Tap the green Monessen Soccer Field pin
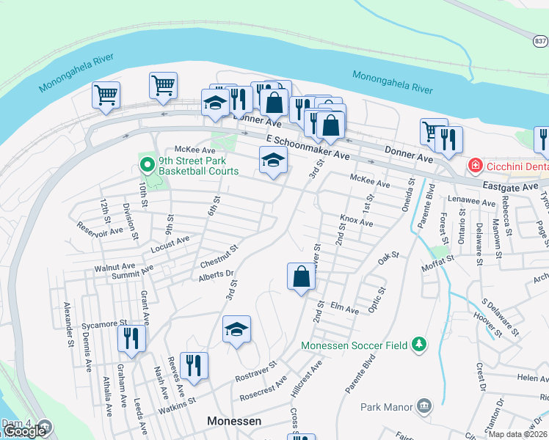(419, 344)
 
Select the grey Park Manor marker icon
(423, 406)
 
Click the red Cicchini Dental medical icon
(476, 166)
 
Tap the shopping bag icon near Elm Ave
(301, 277)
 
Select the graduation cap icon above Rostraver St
(236, 330)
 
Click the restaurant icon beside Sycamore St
(132, 339)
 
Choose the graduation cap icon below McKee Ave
(273, 160)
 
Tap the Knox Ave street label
(356, 221)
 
